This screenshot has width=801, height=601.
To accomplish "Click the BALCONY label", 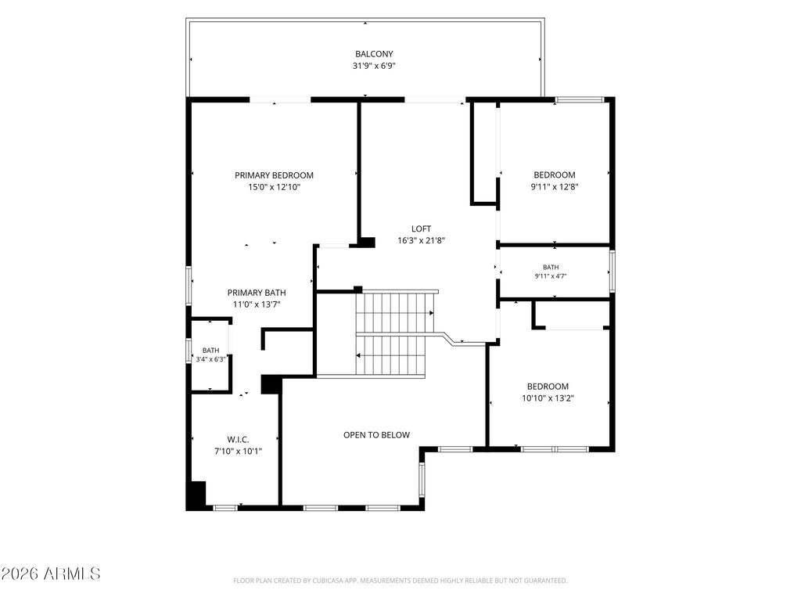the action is click(374, 54).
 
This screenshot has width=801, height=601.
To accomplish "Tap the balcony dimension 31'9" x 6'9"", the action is click(374, 66).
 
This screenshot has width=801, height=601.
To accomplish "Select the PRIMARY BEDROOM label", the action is click(274, 175).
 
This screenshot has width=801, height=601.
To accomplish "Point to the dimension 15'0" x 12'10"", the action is click(274, 187).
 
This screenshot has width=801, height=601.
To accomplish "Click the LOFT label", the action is click(421, 229).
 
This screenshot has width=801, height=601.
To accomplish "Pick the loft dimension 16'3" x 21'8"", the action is click(421, 241).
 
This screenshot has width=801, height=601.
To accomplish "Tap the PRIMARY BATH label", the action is click(257, 293).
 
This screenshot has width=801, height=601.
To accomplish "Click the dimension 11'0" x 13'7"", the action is click(257, 304).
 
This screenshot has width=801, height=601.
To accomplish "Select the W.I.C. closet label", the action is click(238, 440).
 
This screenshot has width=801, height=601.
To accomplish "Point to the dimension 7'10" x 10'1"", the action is click(238, 452).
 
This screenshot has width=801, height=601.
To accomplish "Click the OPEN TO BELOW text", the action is click(376, 435).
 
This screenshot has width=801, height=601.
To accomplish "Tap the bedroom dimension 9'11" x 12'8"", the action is click(555, 186).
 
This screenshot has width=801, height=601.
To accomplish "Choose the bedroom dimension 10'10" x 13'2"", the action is click(548, 398).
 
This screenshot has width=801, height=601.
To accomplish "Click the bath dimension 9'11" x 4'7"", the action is click(551, 276).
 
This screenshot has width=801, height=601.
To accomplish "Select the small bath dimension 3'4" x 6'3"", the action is click(210, 359).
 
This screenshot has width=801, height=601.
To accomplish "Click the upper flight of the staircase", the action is click(395, 312).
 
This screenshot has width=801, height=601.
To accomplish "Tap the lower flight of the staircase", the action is click(391, 356).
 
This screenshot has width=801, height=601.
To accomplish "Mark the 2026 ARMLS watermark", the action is click(51, 574).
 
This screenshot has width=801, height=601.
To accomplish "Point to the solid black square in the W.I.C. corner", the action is click(196, 495).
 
